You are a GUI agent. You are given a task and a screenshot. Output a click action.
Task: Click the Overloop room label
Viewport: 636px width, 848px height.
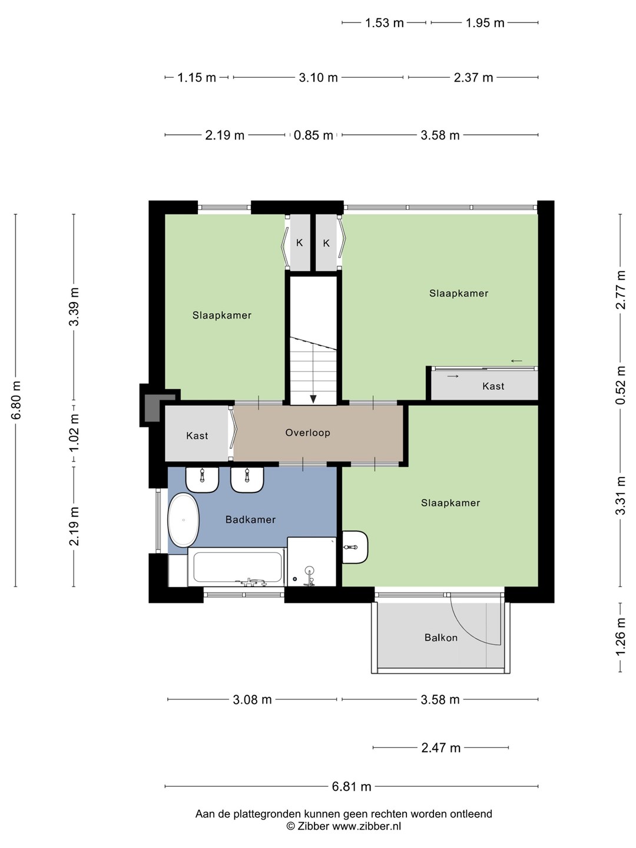click(x=307, y=433)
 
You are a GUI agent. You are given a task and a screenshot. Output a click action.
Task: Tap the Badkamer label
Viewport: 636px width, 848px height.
click(x=251, y=519)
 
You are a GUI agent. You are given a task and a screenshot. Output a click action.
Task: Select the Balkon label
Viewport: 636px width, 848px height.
click(x=441, y=637)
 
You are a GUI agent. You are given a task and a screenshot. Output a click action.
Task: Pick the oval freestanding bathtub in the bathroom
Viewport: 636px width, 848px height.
click(x=183, y=520)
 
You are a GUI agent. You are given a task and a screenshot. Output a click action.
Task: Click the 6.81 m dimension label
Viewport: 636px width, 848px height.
click(x=352, y=786)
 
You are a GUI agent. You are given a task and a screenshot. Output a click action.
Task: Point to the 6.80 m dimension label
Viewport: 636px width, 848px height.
click(x=16, y=400)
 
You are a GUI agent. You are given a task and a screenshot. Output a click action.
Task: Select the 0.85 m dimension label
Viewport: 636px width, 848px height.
click(x=313, y=135)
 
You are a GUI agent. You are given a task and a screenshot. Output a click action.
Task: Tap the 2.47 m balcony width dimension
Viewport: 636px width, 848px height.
click(x=440, y=748)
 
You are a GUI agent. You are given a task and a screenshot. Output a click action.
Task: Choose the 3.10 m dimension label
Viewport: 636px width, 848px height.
click(x=318, y=78)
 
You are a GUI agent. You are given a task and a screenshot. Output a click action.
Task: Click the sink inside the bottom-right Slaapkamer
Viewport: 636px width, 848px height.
click(x=355, y=547)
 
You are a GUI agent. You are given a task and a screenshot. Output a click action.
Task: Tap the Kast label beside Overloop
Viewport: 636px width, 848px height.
click(x=197, y=436)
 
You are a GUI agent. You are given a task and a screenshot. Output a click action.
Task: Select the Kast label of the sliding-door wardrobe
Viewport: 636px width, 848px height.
click(x=493, y=386)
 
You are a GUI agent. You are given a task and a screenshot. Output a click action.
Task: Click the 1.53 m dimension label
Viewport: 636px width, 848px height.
click(x=384, y=23)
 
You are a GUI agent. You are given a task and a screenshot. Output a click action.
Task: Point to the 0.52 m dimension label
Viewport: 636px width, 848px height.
click(x=620, y=385)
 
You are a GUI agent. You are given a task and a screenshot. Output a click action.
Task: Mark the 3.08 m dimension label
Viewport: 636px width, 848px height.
click(x=252, y=699)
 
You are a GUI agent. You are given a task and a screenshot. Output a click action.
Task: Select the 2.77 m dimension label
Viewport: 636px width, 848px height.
click(x=620, y=290)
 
